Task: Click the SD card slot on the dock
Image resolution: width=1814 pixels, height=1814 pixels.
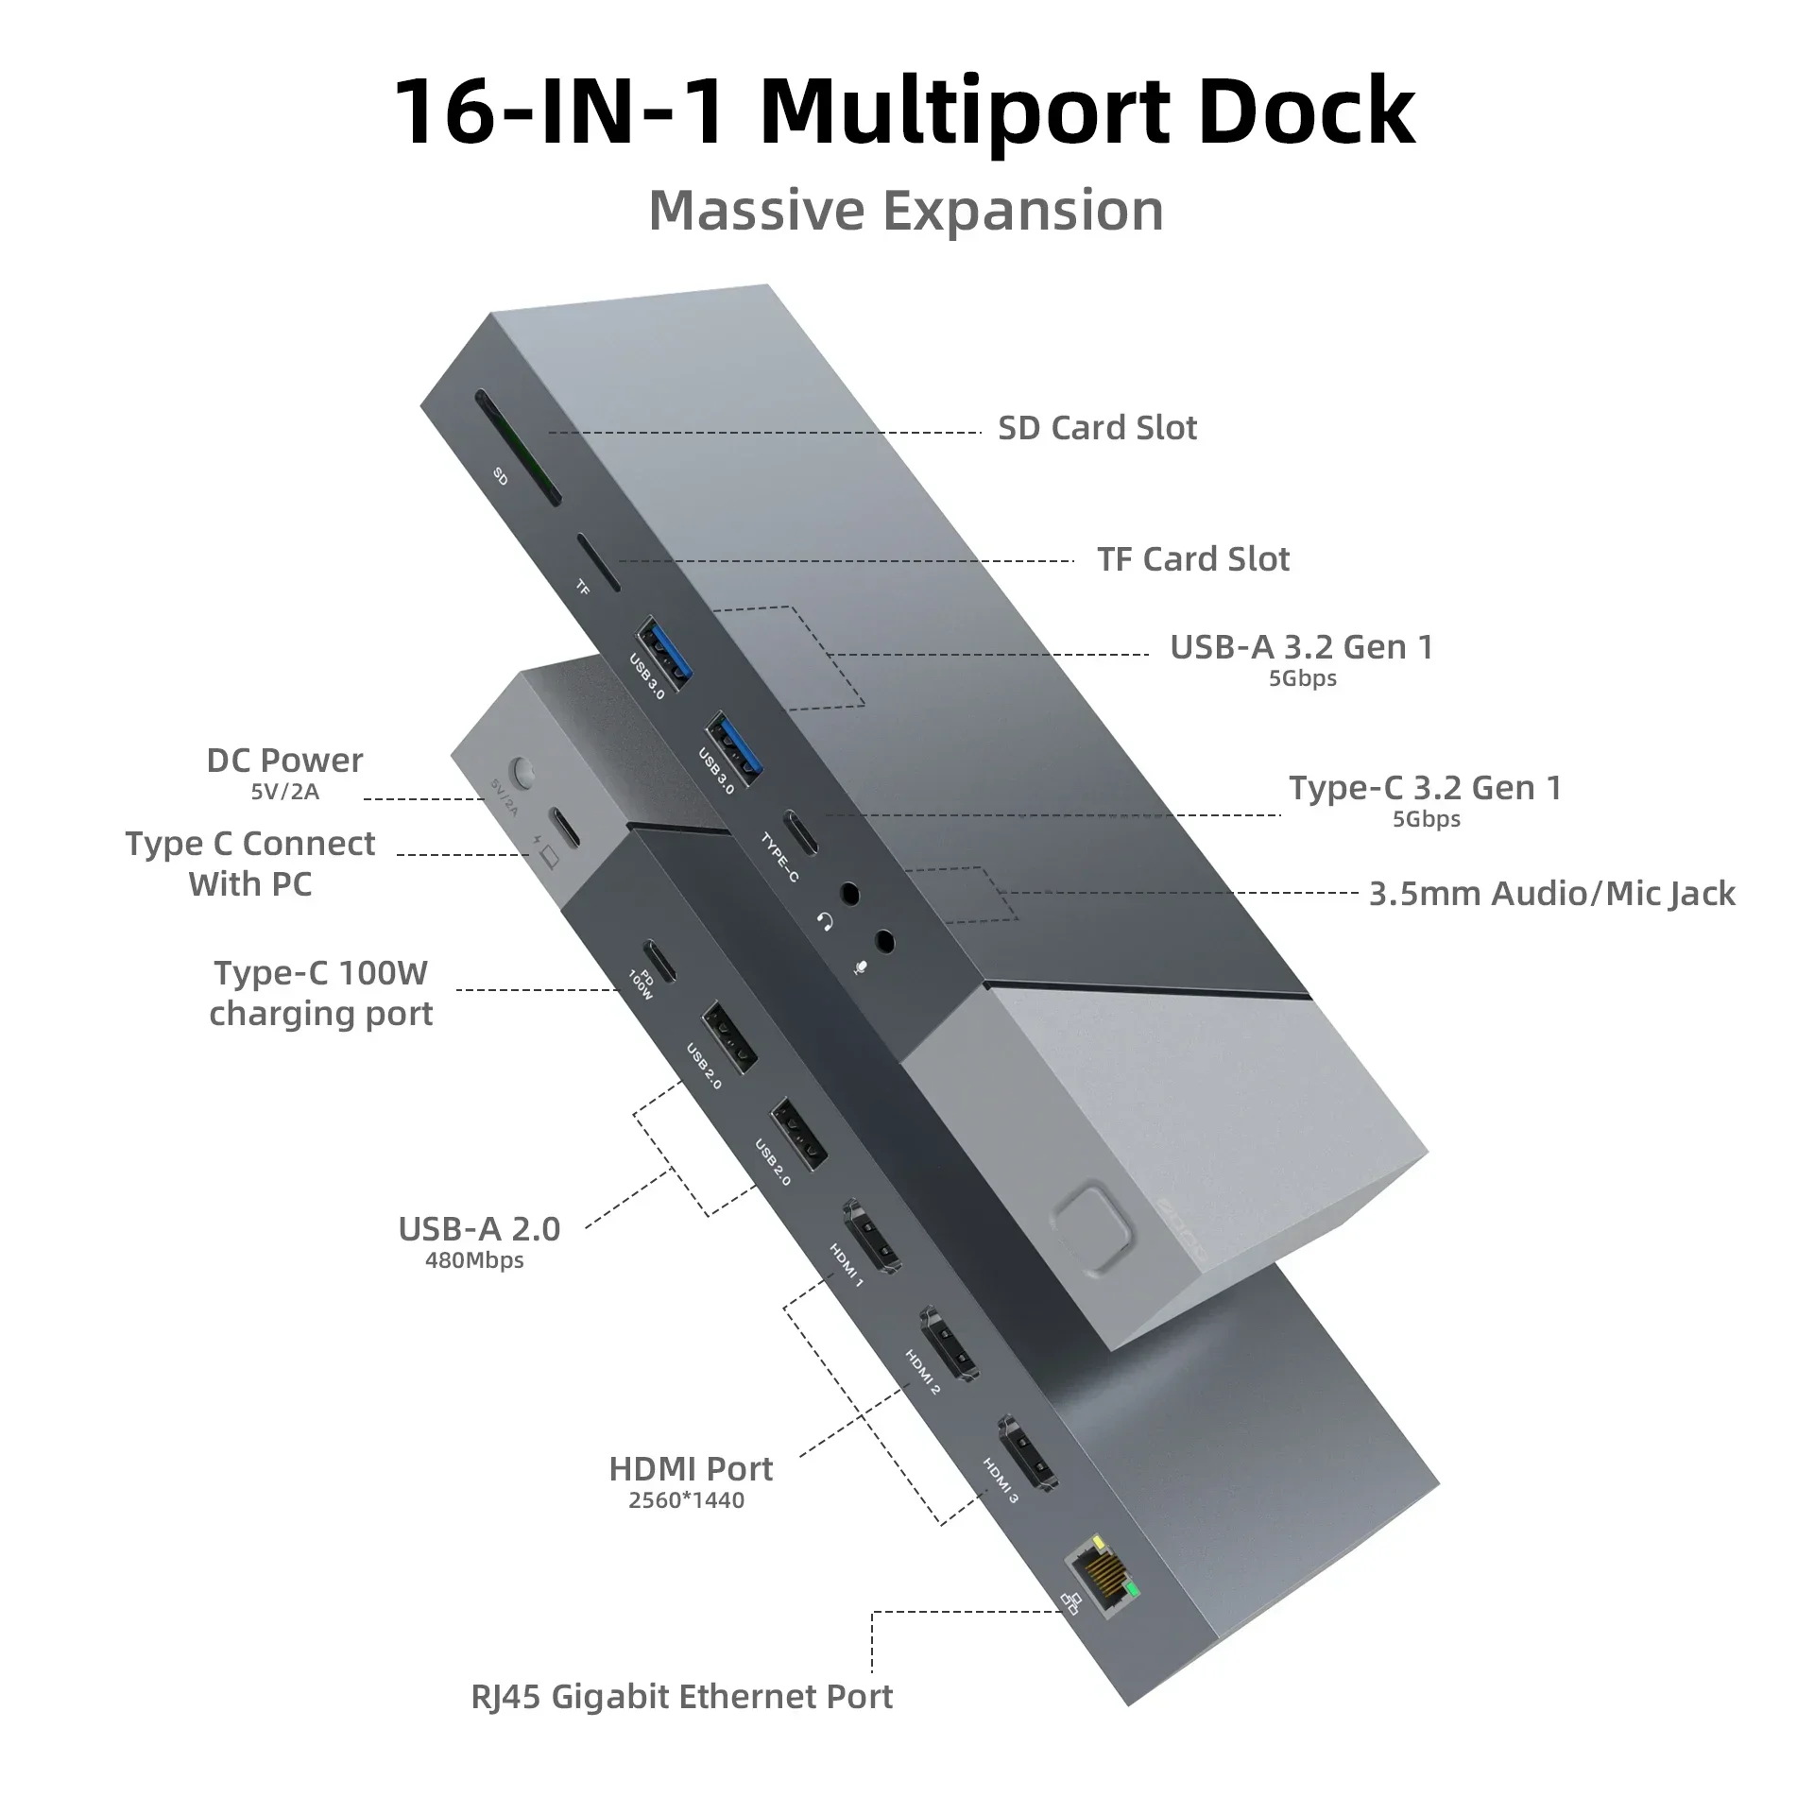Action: (x=519, y=450)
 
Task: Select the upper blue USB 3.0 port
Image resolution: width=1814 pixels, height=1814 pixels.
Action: (x=665, y=650)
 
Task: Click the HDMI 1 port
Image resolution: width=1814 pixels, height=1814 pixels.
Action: (x=870, y=1237)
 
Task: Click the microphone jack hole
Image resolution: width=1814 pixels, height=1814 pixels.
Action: (x=884, y=941)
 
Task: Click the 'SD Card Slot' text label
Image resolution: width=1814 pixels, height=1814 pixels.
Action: (x=1097, y=428)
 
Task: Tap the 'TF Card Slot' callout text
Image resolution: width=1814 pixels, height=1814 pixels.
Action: (x=1192, y=559)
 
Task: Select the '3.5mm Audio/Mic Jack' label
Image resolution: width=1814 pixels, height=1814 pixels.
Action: (x=1551, y=894)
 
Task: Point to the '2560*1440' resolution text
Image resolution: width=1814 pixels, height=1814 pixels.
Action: (x=687, y=1499)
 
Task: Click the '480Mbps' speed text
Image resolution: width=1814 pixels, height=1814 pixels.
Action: (x=474, y=1260)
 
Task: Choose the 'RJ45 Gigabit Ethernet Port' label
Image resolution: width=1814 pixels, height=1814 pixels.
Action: (x=681, y=1696)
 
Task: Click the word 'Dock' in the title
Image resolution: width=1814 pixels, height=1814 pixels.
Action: (x=1305, y=111)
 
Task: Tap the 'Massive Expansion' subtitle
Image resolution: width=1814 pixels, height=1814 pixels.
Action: (x=906, y=210)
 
